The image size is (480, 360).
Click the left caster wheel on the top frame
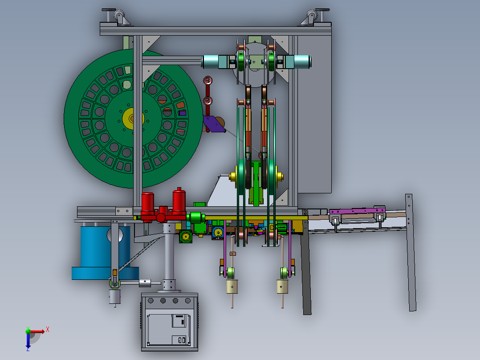(120, 16)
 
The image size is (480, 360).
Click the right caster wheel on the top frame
(311, 16)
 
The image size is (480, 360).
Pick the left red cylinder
(147, 203)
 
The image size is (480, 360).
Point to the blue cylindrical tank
(104, 253)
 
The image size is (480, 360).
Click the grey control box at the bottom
(170, 322)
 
